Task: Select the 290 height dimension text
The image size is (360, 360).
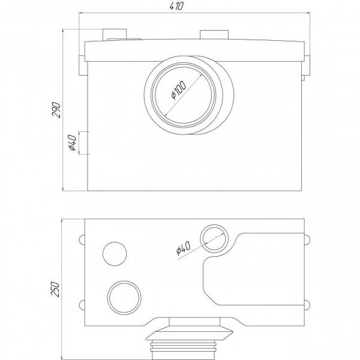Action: tap(56, 110)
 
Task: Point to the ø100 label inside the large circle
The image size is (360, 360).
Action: tap(179, 91)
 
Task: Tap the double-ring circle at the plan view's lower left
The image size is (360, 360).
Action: tap(124, 296)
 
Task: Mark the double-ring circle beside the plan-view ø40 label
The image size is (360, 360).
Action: tap(213, 239)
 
